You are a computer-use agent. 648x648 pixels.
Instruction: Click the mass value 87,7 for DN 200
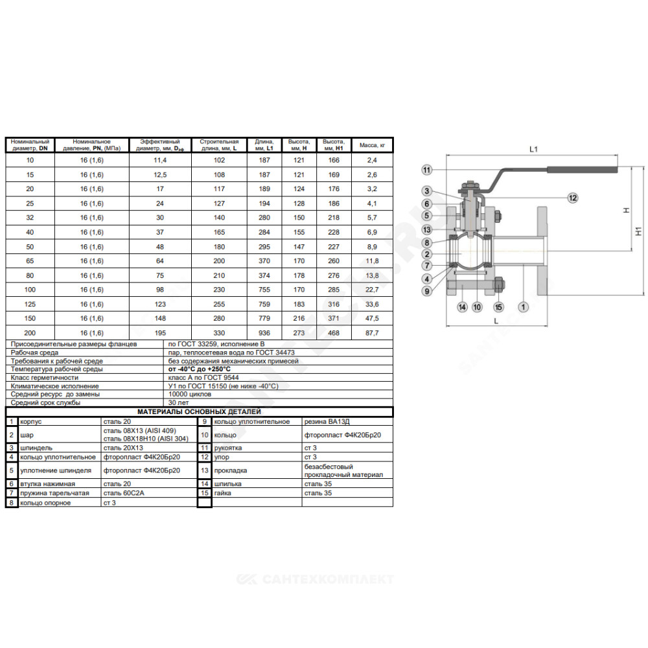pos(372,332)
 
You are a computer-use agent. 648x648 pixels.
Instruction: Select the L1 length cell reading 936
pos(264,332)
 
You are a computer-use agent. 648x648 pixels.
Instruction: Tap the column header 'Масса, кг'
pos(372,145)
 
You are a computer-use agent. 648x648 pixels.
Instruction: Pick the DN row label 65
pos(30,260)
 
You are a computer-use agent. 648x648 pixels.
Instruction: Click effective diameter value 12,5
pos(160,175)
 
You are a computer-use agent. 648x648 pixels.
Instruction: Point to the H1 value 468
pos(334,332)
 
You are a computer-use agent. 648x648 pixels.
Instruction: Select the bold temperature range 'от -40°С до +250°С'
pos(199,369)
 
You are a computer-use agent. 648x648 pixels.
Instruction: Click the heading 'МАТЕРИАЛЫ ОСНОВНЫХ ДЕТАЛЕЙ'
pos(199,411)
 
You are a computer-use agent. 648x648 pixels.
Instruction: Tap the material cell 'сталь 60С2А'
pos(124,493)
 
